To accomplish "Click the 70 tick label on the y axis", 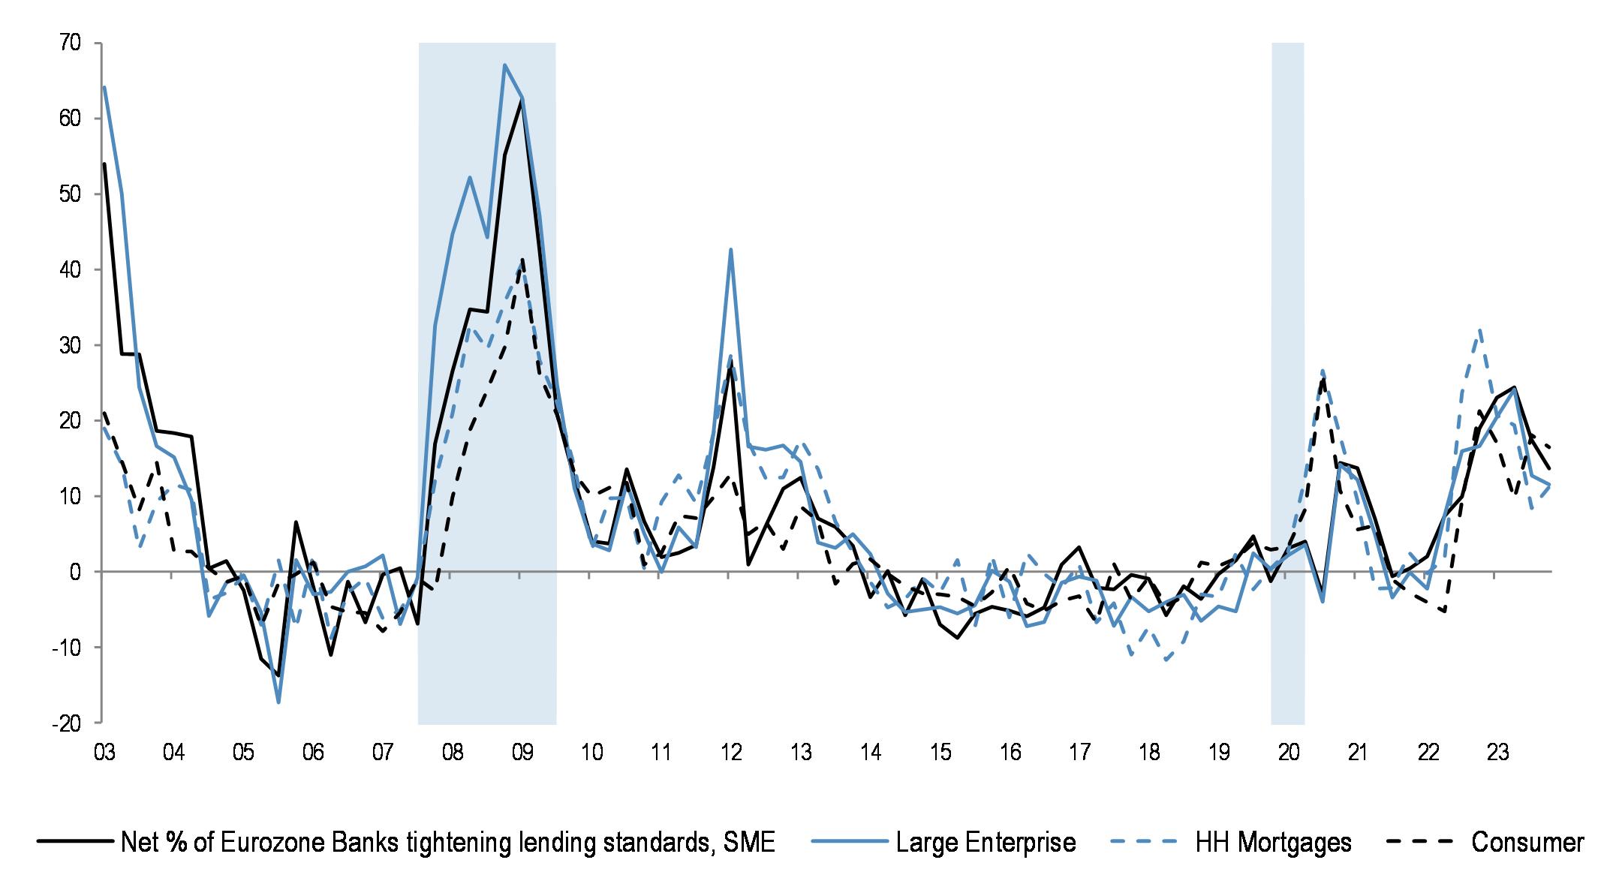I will click(x=70, y=44).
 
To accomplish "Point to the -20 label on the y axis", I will click(x=66, y=724).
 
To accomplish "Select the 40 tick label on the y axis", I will click(x=70, y=270).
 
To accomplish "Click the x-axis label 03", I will click(x=104, y=753).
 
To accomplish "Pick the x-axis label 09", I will click(x=522, y=753).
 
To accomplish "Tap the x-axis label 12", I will click(x=731, y=753).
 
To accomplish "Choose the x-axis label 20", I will click(x=1289, y=753).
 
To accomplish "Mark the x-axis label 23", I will click(x=1497, y=753).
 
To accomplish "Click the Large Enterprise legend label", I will click(x=986, y=843).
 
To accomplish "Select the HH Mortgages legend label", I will click(x=1273, y=843).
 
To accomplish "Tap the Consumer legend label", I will click(x=1527, y=843).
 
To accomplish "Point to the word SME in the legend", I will click(x=748, y=843).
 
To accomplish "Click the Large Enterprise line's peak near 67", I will click(x=505, y=65).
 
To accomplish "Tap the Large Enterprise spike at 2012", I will click(x=731, y=250).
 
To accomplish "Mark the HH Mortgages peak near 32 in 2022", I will click(x=1479, y=330).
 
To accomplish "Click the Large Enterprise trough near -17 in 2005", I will click(x=278, y=702).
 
